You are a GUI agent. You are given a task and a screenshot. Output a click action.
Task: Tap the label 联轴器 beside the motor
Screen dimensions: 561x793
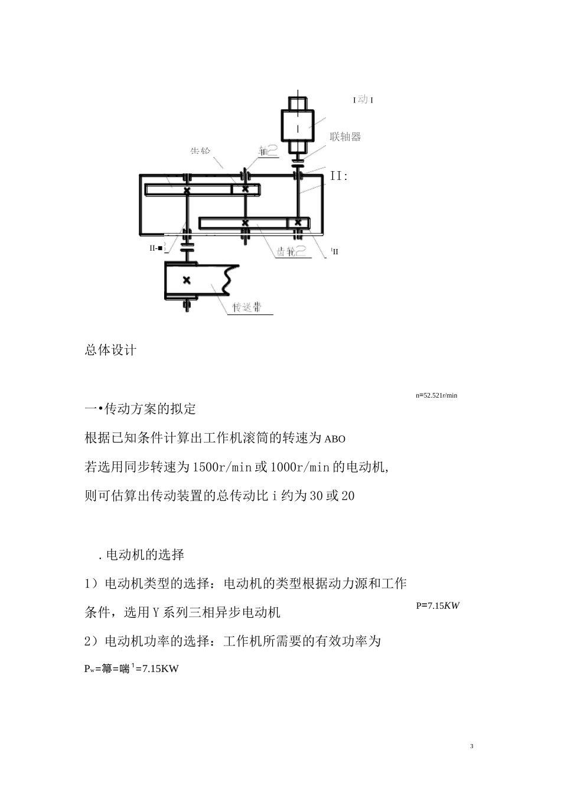pos(345,137)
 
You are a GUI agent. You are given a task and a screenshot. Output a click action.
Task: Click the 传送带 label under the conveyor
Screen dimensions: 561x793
pos(247,307)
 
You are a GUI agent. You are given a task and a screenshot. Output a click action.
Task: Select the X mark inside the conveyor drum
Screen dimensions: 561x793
pos(187,280)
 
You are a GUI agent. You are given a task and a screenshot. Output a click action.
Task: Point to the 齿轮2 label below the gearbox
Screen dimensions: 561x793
pos(291,252)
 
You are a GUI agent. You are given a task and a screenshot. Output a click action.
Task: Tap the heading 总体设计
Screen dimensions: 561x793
pos(110,350)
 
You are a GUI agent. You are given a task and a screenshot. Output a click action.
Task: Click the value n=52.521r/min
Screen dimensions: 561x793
pos(436,395)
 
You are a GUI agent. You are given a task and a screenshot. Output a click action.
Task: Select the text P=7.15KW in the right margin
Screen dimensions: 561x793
pos(438,605)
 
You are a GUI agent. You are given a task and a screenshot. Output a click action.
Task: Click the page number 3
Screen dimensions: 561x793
pos(471,746)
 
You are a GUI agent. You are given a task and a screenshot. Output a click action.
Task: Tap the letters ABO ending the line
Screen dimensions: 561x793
pos(335,439)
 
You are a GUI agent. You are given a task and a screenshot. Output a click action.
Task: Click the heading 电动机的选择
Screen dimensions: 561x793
pos(145,555)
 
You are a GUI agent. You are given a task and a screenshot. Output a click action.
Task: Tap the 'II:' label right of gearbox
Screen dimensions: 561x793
pos(339,176)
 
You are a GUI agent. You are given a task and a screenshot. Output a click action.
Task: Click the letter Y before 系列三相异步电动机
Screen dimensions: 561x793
pos(156,612)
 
